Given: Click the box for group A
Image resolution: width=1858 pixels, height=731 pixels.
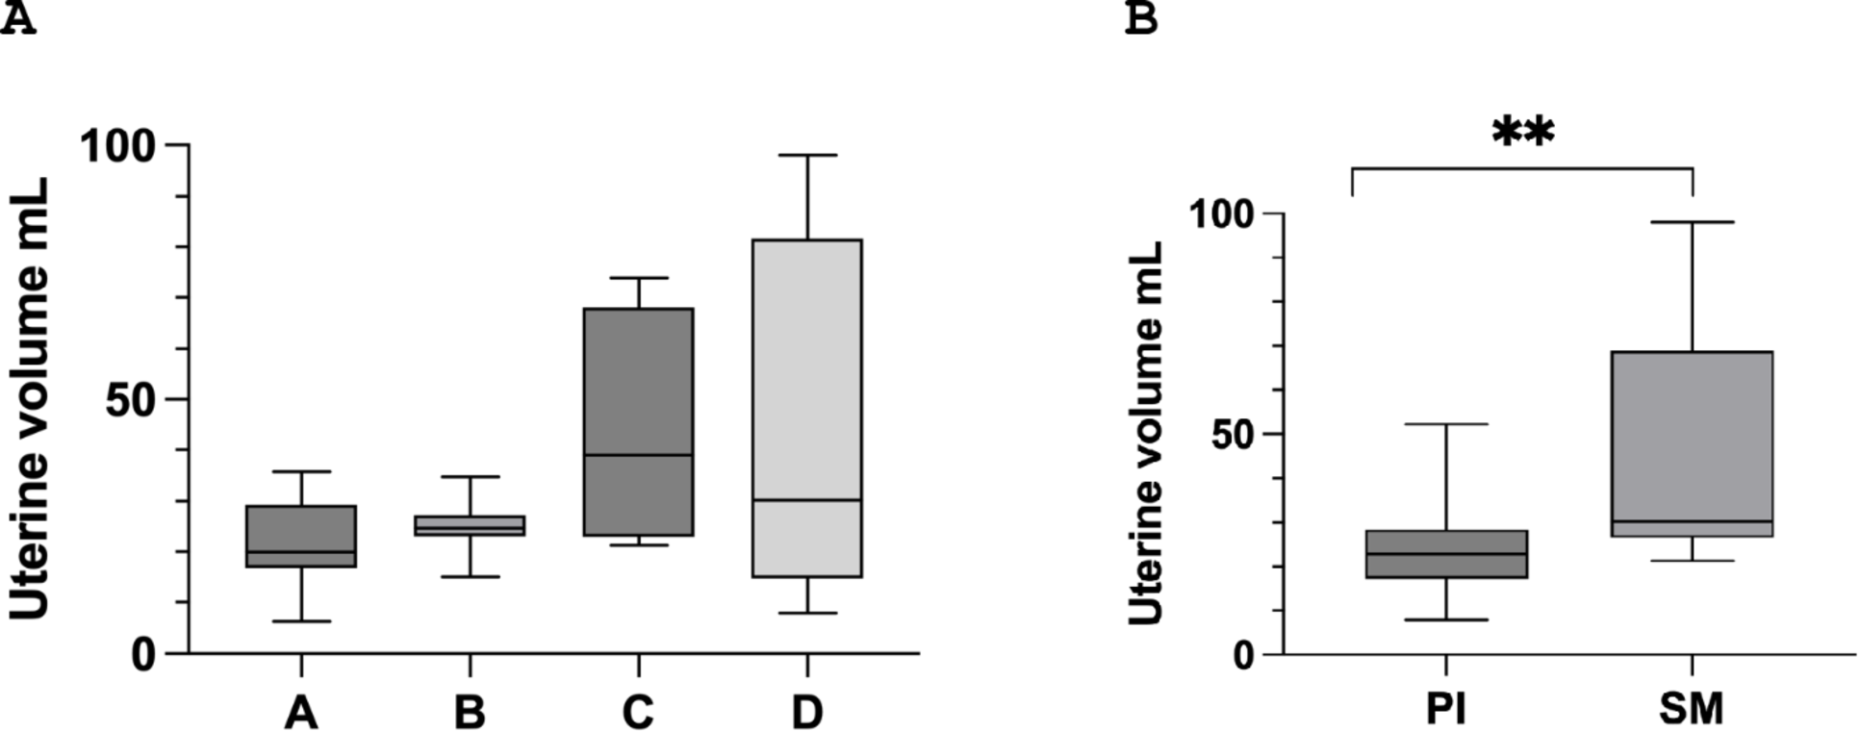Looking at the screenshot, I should (x=301, y=536).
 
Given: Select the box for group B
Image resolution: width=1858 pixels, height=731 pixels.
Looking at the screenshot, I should (x=470, y=525).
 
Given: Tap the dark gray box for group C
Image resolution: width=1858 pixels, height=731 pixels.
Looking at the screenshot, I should (x=638, y=421).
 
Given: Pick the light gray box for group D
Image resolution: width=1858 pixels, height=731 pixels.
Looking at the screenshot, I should (x=806, y=407).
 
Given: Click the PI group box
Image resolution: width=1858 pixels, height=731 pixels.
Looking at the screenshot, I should (x=1446, y=554).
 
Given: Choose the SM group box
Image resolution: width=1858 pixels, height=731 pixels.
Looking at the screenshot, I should (x=1692, y=443).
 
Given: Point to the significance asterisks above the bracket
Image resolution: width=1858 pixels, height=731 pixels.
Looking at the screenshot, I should (x=1522, y=133).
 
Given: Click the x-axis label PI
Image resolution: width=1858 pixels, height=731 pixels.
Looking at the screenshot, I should (x=1446, y=710).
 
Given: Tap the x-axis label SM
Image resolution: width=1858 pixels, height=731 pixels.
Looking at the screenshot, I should (x=1692, y=710).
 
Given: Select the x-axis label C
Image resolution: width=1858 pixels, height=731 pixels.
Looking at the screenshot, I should (x=638, y=713).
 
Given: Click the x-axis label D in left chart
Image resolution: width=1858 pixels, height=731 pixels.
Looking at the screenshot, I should (x=806, y=713).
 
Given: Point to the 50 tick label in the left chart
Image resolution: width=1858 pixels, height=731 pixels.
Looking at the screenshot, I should (x=131, y=399).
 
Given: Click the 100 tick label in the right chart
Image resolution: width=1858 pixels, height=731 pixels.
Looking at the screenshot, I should (x=1225, y=213).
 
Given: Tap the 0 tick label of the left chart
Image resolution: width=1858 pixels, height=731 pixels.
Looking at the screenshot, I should (x=144, y=654).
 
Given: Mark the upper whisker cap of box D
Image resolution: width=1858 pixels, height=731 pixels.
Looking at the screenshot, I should (x=806, y=155).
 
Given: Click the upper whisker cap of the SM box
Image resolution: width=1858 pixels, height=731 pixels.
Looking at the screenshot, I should (x=1692, y=222).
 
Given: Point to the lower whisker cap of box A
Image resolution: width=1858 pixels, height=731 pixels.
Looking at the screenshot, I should (x=301, y=621).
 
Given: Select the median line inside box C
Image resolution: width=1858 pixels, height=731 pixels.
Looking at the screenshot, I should (x=638, y=455).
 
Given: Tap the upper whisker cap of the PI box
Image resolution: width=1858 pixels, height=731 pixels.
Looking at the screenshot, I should (x=1446, y=424).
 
